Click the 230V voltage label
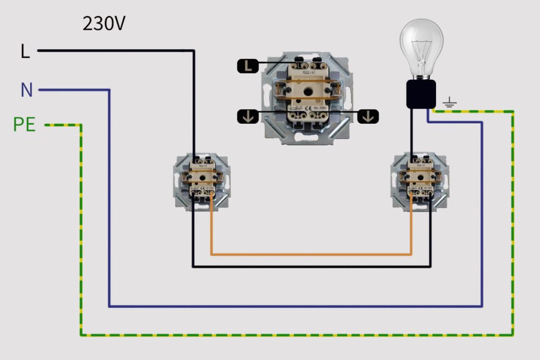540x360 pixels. click(104, 24)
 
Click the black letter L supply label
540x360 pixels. click(25, 52)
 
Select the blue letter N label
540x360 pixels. click(26, 90)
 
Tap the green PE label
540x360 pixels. click(24, 125)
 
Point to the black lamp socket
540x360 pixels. click(421, 95)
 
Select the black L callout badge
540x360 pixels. click(248, 66)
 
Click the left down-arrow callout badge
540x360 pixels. click(247, 116)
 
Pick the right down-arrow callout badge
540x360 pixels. click(368, 116)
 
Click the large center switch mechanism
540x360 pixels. click(306, 97)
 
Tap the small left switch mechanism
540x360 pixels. click(202, 182)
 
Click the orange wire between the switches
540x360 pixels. click(311, 254)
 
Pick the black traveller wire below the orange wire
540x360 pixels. click(311, 266)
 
